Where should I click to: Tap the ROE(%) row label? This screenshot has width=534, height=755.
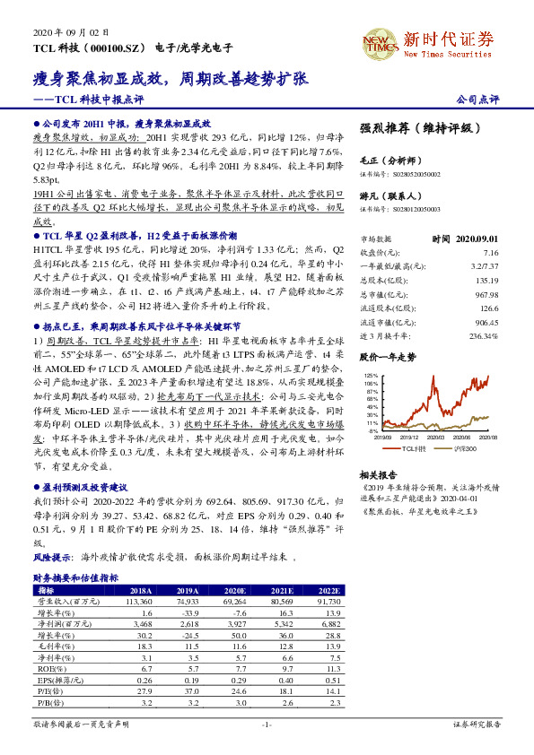pyautogui.click(x=47, y=667)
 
